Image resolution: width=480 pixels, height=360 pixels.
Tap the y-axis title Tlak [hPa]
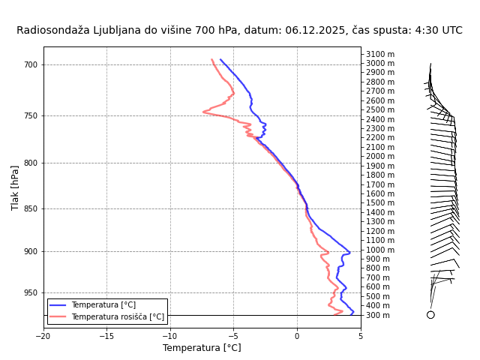(x=15, y=187)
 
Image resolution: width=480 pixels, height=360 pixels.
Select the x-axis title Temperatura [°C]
(x=202, y=348)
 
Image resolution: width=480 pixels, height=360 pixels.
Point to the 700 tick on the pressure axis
(x=31, y=64)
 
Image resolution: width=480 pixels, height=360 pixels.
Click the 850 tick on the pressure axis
(x=31, y=208)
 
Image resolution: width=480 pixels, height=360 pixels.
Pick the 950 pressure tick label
(x=31, y=292)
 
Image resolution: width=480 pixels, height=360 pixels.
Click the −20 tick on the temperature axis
(x=43, y=335)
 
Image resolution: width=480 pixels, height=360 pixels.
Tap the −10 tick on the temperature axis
(x=169, y=335)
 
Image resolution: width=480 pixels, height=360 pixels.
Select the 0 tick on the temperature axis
(x=297, y=335)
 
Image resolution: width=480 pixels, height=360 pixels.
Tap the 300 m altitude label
(x=378, y=315)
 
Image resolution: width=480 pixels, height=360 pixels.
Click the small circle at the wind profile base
(x=430, y=315)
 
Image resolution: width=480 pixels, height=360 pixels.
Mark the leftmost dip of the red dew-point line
(x=203, y=112)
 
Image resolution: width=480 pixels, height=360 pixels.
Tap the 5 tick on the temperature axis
(x=360, y=335)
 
